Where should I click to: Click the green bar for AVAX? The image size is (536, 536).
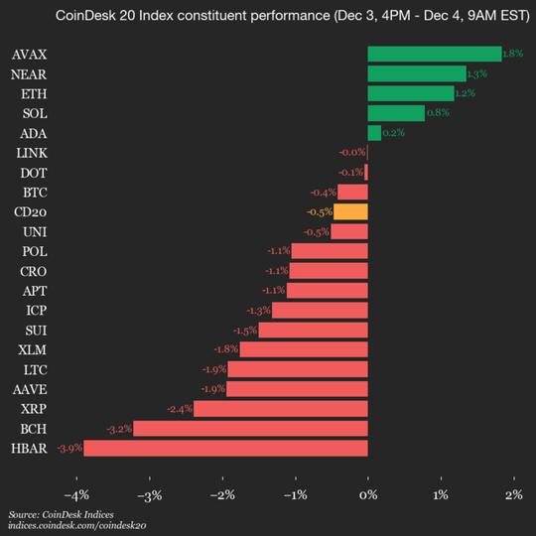434,54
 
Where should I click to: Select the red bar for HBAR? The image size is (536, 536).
226,449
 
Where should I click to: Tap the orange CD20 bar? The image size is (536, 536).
350,211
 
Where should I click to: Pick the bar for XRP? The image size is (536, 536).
281,409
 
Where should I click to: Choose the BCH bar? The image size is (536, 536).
251,429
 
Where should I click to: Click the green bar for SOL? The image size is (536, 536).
396,113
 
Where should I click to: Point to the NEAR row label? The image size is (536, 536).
31,73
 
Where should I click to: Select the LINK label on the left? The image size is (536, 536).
31,152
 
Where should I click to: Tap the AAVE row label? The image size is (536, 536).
31,389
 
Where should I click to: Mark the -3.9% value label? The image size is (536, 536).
69,449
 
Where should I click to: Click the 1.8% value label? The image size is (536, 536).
513,54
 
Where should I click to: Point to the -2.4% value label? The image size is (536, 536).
180,409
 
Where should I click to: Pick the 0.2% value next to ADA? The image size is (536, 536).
393,133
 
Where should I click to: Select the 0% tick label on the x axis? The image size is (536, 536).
368,495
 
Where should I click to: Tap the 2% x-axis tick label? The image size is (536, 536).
513,495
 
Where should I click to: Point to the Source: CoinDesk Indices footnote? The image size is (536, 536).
59,515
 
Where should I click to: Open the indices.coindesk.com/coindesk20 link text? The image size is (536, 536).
77,526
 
